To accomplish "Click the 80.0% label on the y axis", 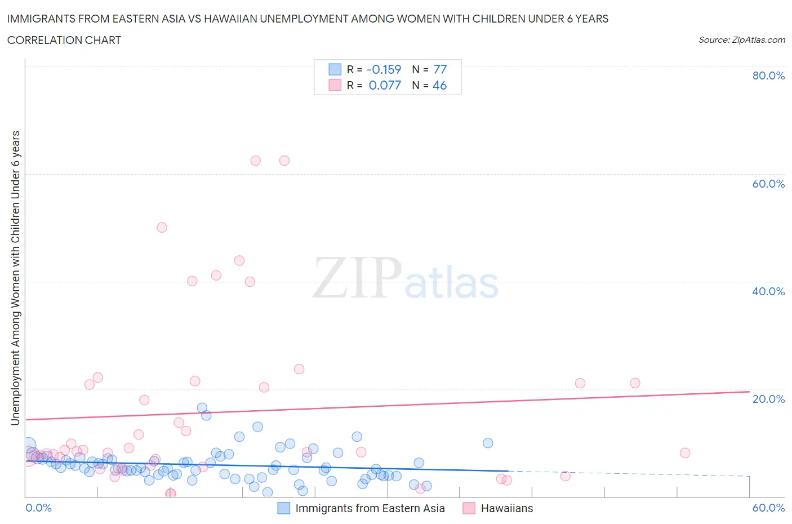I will (768, 76).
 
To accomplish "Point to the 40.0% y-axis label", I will (768, 291).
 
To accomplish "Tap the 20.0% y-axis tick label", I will (768, 399).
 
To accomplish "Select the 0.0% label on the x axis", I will (38, 508).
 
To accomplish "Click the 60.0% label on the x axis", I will (768, 508).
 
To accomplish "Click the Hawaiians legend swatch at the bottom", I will (469, 508).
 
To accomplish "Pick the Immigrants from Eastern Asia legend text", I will (370, 508).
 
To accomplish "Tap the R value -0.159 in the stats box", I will (384, 69).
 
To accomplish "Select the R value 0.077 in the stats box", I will (385, 85).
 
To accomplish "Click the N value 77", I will (440, 69).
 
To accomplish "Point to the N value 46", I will (439, 85).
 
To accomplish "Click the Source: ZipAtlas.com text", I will (741, 40).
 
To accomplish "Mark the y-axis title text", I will (15, 278).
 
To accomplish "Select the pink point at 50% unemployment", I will (162, 228).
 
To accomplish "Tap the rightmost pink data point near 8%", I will (685, 453).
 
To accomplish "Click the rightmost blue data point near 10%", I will (488, 443).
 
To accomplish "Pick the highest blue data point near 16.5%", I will (202, 408).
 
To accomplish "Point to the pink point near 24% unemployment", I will (299, 369).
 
